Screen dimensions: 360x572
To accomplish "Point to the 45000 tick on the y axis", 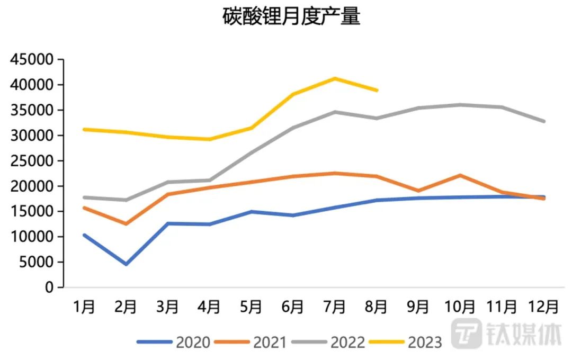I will [32, 60].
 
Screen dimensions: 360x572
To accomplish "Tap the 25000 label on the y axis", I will [32, 161].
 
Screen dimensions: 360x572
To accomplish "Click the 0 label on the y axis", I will [49, 288].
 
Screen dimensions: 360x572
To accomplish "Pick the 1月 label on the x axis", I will [84, 307].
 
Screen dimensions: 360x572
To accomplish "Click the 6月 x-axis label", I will [293, 307].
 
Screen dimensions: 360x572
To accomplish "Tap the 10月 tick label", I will [460, 307].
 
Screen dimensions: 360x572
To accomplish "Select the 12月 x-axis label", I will [544, 307].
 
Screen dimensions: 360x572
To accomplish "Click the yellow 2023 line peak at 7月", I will [335, 79].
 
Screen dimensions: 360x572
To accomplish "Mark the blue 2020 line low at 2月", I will [126, 264].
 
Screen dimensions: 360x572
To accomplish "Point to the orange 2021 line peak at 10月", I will [460, 175].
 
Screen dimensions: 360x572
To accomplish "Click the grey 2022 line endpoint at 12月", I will [544, 121].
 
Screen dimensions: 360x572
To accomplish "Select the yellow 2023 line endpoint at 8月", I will [377, 91].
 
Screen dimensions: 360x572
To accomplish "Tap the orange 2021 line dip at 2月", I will [126, 224].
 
